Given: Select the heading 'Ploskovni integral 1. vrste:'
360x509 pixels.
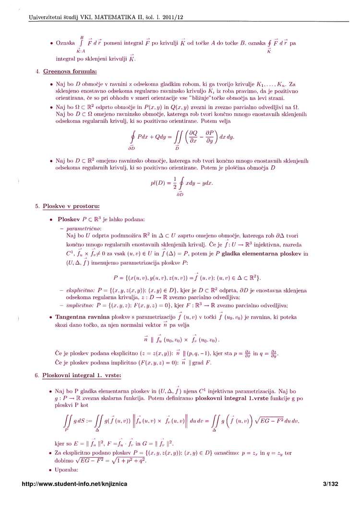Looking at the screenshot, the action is pyautogui.click(x=82, y=375).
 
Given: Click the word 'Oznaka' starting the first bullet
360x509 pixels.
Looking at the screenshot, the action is pyautogui.click(x=66, y=43).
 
